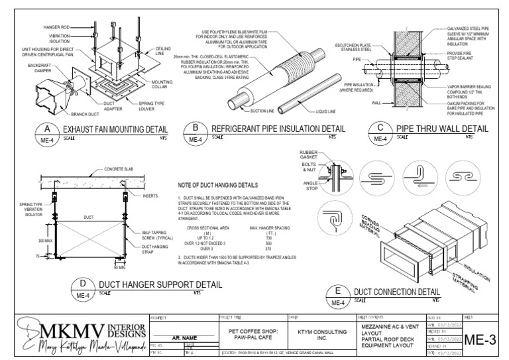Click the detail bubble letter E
pyautogui.click(x=339, y=291)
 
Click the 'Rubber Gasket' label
pyautogui.click(x=308, y=155)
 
